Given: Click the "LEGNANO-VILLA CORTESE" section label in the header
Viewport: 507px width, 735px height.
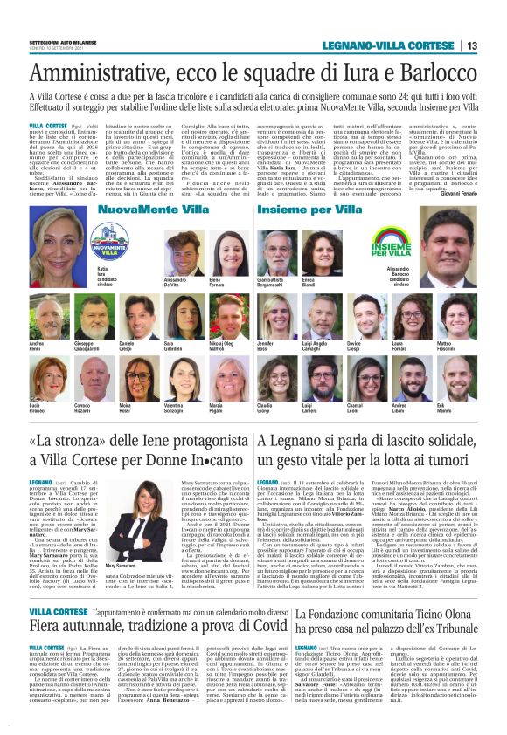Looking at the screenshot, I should (x=390, y=45).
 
